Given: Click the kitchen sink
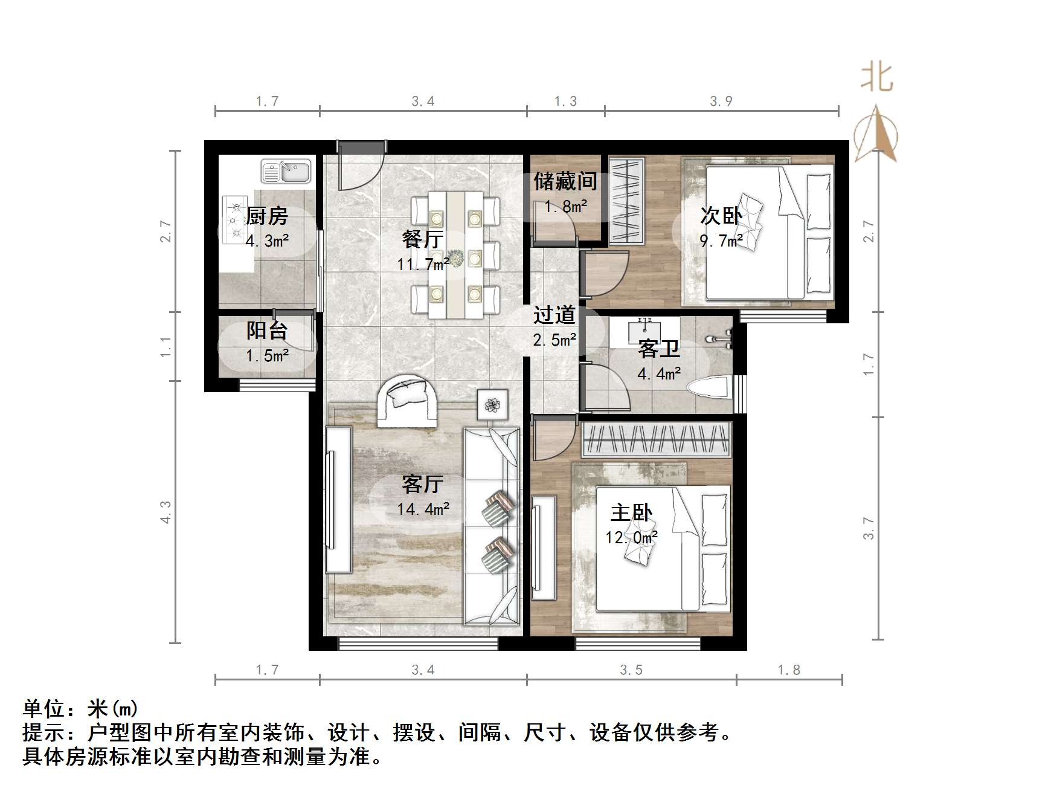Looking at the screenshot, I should coord(286,171).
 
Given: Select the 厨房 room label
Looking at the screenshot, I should coord(267,216).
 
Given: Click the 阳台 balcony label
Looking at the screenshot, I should coord(267,331).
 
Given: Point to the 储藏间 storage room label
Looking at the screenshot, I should coord(565,181).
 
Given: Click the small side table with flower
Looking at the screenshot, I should coord(493,405).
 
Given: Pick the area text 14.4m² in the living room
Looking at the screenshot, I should coord(423,509).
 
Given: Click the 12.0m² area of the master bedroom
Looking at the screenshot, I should coord(632,537).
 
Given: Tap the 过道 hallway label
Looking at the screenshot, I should coord(554,315).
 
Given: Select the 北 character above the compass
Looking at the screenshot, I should coord(877,79).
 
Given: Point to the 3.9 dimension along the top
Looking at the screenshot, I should coord(721,102).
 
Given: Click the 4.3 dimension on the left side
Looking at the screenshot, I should coord(165,512).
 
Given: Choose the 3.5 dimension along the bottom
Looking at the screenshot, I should coord(631,670).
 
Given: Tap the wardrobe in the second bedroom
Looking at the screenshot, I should coord(626,199).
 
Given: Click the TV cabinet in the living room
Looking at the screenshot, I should coord(338,500).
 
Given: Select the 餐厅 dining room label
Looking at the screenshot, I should coord(423,239).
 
